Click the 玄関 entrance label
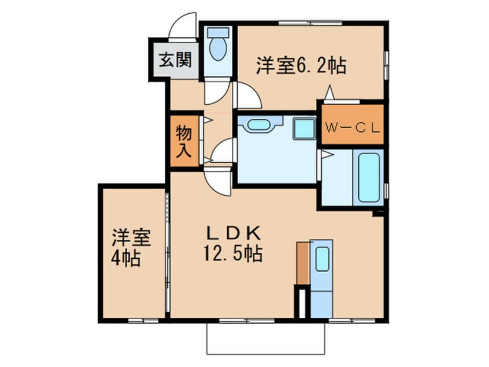click(172, 60)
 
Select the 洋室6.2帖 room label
click(301, 67)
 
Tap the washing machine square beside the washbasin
click(303, 128)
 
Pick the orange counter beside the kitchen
click(302, 263)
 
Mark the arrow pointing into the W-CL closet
click(330, 93)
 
